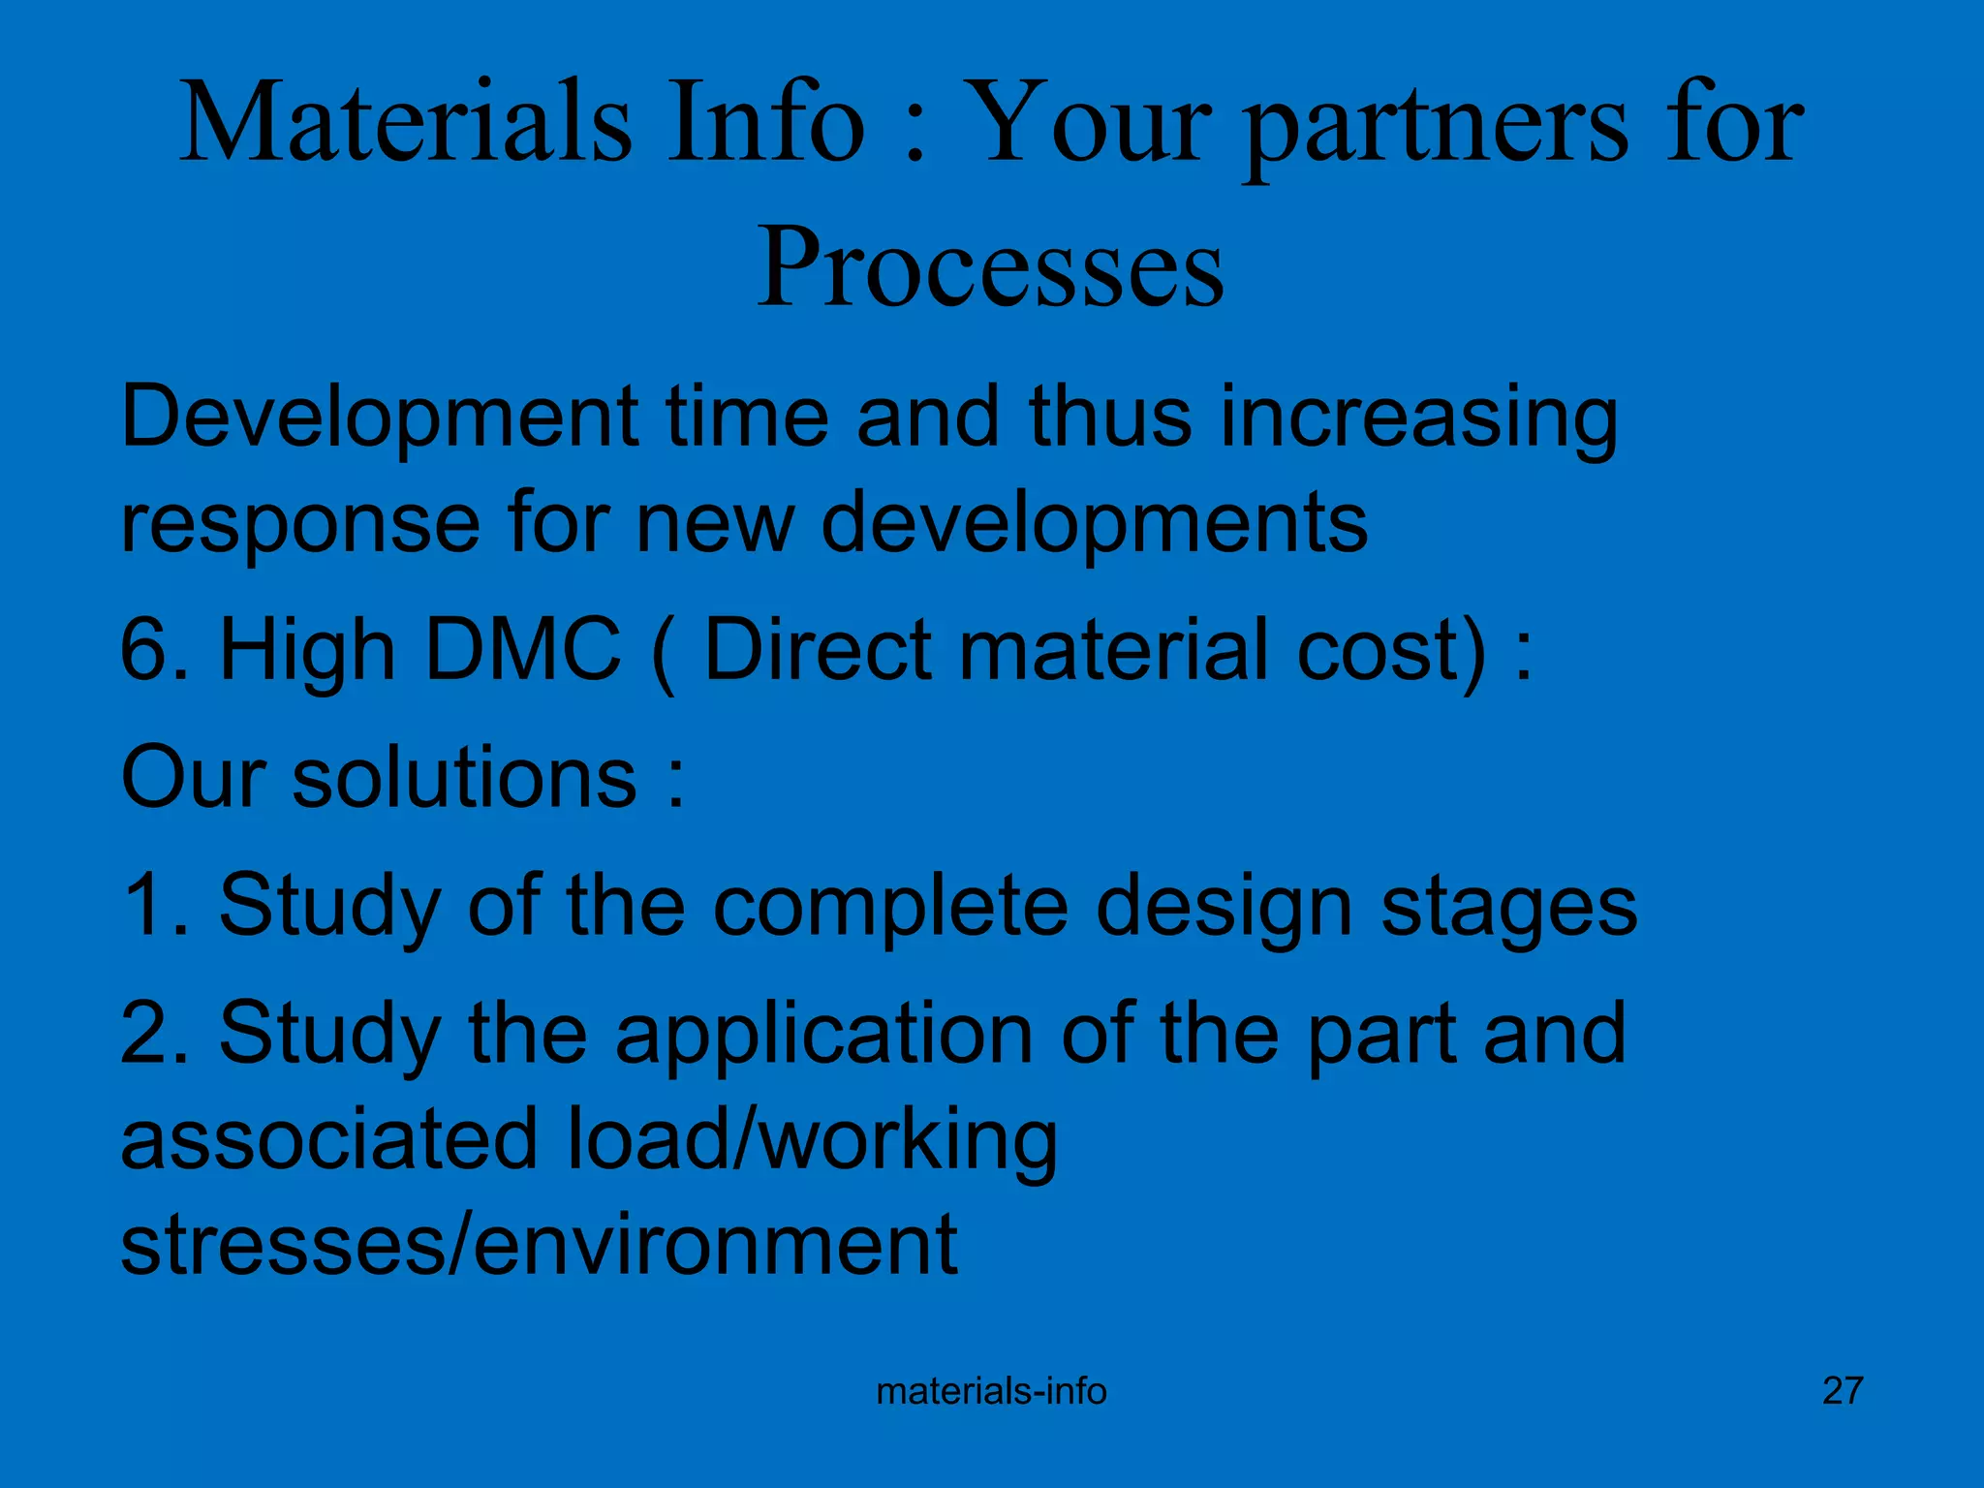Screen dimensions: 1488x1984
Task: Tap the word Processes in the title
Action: click(x=990, y=266)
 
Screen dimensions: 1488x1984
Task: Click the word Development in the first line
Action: click(x=379, y=418)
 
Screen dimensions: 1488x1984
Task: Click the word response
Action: click(x=300, y=523)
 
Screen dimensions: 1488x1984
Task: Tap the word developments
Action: click(x=1095, y=523)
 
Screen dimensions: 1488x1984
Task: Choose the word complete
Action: click(x=891, y=906)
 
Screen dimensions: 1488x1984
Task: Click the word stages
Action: click(x=1508, y=906)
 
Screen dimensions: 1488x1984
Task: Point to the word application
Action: click(x=824, y=1035)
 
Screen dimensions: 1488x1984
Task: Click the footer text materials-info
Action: click(x=991, y=1391)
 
